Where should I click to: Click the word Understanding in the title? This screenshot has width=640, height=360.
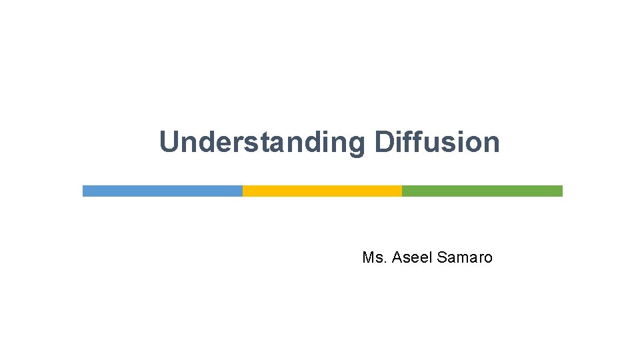click(262, 143)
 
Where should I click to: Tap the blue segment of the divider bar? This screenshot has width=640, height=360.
click(162, 191)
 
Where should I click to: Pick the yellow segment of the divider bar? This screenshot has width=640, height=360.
click(322, 191)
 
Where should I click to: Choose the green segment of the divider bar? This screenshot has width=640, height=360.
click(482, 191)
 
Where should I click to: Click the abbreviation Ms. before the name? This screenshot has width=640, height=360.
click(374, 257)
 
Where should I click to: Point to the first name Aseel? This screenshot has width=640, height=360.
click(413, 257)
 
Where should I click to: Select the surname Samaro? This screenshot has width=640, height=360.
click(465, 257)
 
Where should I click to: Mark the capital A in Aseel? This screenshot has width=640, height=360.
click(397, 257)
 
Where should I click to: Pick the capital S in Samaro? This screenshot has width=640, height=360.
click(442, 257)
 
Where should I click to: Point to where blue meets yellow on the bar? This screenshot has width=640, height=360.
click(243, 191)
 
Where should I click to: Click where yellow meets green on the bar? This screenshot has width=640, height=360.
click(402, 191)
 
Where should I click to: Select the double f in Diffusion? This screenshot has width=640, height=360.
click(414, 142)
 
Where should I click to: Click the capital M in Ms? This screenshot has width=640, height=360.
click(368, 257)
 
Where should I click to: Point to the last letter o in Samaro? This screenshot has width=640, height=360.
click(488, 258)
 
